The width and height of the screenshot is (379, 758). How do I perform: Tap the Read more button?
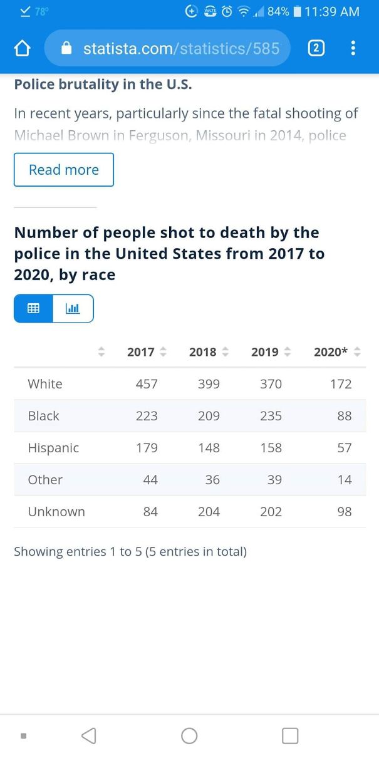[64, 170]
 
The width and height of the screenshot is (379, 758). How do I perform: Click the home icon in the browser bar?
[23, 48]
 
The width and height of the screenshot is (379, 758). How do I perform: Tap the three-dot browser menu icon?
[353, 48]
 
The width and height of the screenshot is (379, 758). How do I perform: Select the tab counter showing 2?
[316, 48]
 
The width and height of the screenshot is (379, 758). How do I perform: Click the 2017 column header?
[141, 352]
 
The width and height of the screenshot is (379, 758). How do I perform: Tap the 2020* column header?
[331, 352]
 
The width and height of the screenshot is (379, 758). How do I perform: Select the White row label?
[45, 384]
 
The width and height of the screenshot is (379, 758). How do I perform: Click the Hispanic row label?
[53, 448]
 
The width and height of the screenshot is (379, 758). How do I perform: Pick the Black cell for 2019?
[271, 416]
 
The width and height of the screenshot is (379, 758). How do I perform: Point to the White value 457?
[147, 384]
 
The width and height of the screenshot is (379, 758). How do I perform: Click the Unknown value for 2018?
[209, 512]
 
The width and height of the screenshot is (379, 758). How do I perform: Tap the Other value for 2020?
[345, 480]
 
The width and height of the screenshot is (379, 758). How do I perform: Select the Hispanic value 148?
[209, 448]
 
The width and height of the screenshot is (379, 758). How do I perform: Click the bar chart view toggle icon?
[73, 308]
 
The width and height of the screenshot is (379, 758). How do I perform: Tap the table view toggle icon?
[33, 308]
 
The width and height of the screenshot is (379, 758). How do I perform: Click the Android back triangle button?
[89, 735]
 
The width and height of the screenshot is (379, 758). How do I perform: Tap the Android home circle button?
[189, 735]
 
